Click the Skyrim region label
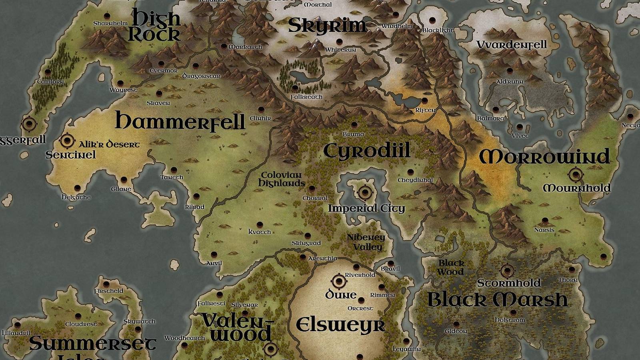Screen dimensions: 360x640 coord(327,26)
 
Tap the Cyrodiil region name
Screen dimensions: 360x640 coord(367,151)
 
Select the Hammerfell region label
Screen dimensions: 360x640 coord(180,120)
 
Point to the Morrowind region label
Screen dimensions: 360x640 coord(544,156)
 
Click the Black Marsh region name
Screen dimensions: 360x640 coord(498,300)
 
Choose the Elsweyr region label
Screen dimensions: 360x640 coord(340,325)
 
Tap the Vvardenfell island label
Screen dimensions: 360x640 coord(512,44)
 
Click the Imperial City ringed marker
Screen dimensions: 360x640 coord(365,192)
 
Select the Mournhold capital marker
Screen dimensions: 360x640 coord(576,174)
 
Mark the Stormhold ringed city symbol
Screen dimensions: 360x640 coord(507,271)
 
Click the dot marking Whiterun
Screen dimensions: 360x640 coord(339,42)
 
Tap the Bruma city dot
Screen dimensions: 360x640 coord(354,125)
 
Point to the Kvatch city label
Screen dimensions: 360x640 coord(260,232)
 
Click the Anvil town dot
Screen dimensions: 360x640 coord(214,255)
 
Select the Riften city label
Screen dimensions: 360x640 coord(425,110)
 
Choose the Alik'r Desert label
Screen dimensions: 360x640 coord(109,144)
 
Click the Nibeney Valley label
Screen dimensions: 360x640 coord(366,242)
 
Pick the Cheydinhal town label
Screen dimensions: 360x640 coord(415,180)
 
